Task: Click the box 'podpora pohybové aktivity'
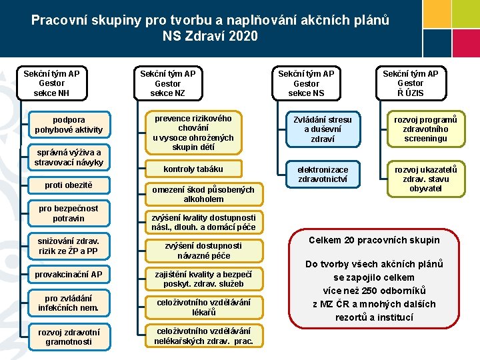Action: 69,124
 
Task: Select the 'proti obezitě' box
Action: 69,185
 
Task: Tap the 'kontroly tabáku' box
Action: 193,169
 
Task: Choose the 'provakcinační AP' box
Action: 69,274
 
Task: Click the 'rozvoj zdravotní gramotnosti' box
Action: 69,337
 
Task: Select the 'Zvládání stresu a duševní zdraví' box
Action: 323,129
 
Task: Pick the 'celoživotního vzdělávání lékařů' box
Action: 203,307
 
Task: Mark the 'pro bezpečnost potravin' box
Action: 69,213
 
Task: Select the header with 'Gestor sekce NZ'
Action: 167,83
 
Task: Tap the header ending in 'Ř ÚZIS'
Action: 410,83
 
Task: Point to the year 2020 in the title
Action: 241,36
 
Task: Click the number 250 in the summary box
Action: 363,291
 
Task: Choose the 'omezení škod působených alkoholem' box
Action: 203,194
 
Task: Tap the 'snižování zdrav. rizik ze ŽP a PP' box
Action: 69,246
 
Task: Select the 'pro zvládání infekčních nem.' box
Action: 69,303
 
